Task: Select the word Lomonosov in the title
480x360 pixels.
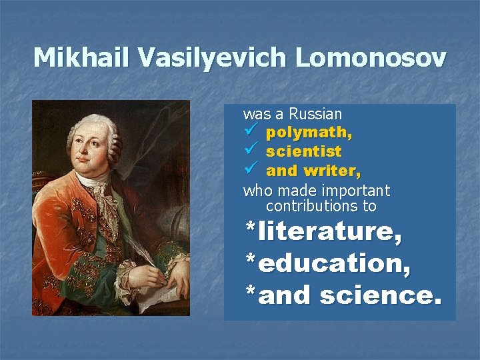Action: point(371,58)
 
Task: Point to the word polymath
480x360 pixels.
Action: point(309,133)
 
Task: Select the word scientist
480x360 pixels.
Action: point(303,152)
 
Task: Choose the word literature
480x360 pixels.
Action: point(330,232)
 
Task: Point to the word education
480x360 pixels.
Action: point(334,264)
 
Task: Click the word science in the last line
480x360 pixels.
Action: point(380,295)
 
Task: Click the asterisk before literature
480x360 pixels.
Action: point(250,229)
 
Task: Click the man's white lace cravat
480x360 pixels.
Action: point(99,193)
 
